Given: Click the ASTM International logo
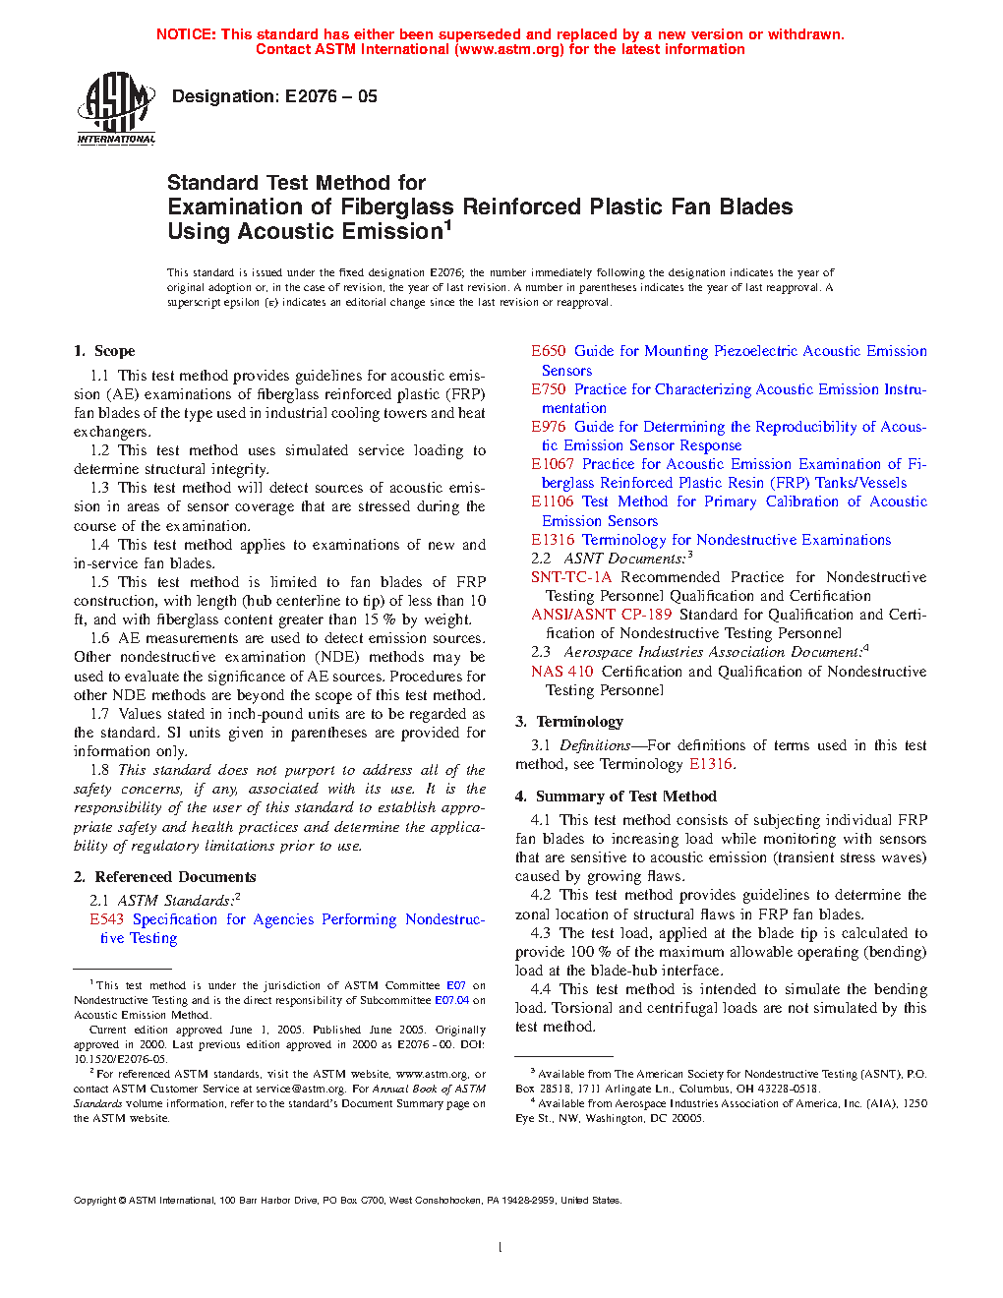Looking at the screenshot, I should (116, 108).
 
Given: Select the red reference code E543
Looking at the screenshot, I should (106, 919).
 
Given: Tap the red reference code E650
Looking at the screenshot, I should (549, 351).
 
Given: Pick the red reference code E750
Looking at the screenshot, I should (549, 389).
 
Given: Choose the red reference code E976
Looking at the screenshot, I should (549, 427).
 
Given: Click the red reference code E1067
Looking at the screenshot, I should (553, 464).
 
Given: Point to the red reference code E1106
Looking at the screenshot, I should (553, 501).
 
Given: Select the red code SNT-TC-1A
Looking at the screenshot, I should (571, 577).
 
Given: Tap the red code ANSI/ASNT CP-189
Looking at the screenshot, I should (602, 615).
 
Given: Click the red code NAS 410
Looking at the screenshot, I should (562, 672).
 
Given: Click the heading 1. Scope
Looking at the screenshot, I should (104, 351).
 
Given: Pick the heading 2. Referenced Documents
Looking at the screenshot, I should (164, 877).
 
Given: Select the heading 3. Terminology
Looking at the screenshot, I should (569, 722).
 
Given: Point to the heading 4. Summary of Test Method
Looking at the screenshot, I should (616, 796).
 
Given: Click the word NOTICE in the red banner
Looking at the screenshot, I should (186, 34).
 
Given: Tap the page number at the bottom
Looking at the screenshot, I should (501, 1248).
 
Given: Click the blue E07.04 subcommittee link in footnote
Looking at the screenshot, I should (452, 1000).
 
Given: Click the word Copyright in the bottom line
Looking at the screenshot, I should (94, 1201).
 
